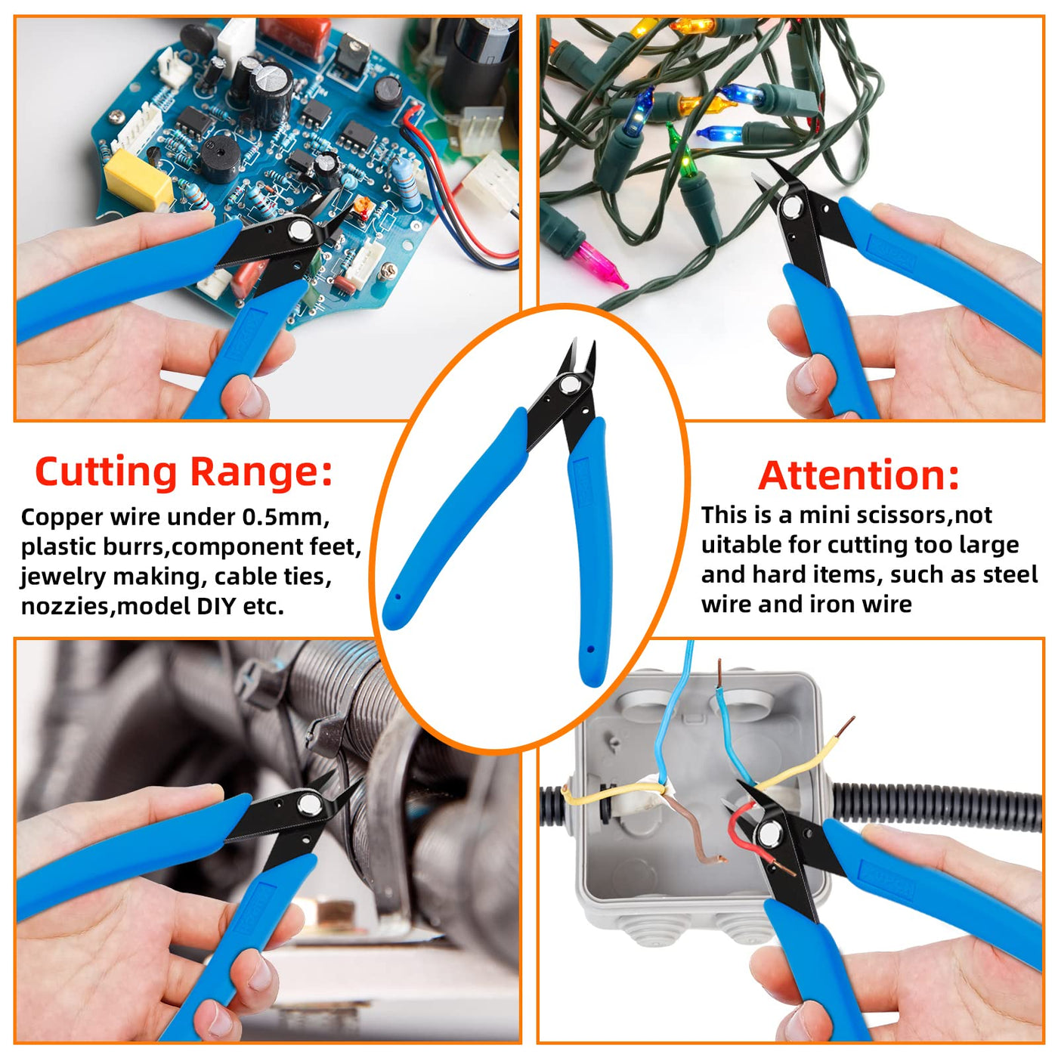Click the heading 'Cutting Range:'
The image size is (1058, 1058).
(x=184, y=472)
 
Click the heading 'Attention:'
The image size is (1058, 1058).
(x=858, y=475)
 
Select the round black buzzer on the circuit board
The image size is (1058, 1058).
(x=220, y=153)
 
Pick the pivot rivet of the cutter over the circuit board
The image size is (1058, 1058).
(x=299, y=230)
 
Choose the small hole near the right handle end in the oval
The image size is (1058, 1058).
(x=591, y=649)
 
